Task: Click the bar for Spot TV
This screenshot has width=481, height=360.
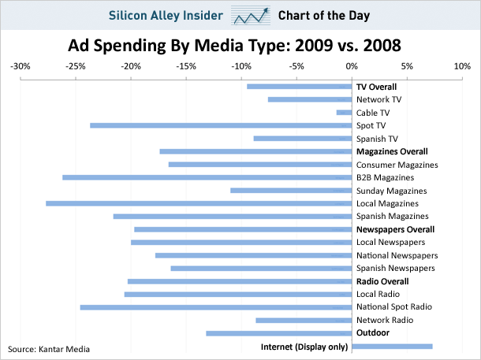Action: [x=221, y=125]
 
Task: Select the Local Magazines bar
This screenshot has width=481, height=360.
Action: [x=199, y=203]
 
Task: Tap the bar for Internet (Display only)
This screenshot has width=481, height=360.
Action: [x=392, y=346]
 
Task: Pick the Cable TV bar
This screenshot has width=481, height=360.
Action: [x=344, y=113]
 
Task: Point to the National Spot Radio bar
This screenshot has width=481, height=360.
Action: [x=216, y=307]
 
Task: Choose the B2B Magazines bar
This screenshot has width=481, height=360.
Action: [x=207, y=177]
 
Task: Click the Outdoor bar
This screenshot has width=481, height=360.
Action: [x=279, y=333]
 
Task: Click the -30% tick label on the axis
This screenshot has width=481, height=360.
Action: [x=21, y=67]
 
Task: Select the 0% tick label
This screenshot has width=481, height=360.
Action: [x=352, y=67]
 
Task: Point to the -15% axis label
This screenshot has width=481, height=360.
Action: [x=187, y=67]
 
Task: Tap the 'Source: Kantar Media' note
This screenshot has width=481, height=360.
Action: [x=49, y=348]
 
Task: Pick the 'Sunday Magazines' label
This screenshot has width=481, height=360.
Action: [x=391, y=191]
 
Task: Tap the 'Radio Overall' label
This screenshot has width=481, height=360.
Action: [x=382, y=281]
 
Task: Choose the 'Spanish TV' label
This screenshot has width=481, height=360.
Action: [x=377, y=139]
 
